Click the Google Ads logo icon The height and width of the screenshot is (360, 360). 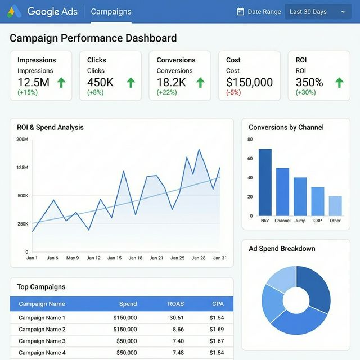[15, 11]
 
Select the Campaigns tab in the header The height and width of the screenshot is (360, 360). [111, 11]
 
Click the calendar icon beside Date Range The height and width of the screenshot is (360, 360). [241, 11]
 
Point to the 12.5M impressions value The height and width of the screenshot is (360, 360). [33, 82]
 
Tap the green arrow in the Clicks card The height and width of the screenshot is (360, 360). [130, 83]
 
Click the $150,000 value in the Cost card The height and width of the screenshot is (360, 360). [249, 82]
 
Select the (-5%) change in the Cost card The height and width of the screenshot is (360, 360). [233, 92]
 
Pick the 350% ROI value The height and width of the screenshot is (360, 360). [309, 82]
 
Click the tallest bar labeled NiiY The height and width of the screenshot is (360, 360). [265, 182]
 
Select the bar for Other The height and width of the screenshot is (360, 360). [335, 206]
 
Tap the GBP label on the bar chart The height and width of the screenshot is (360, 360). [318, 220]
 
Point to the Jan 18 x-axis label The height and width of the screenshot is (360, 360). [136, 258]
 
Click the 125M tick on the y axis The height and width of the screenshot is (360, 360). [22, 168]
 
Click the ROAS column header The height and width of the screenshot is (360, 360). [175, 304]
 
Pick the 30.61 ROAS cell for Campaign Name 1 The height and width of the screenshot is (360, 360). [176, 318]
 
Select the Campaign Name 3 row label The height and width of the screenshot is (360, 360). [42, 341]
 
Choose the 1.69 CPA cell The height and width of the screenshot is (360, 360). [217, 330]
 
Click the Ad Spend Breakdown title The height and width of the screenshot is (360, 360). [282, 249]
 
